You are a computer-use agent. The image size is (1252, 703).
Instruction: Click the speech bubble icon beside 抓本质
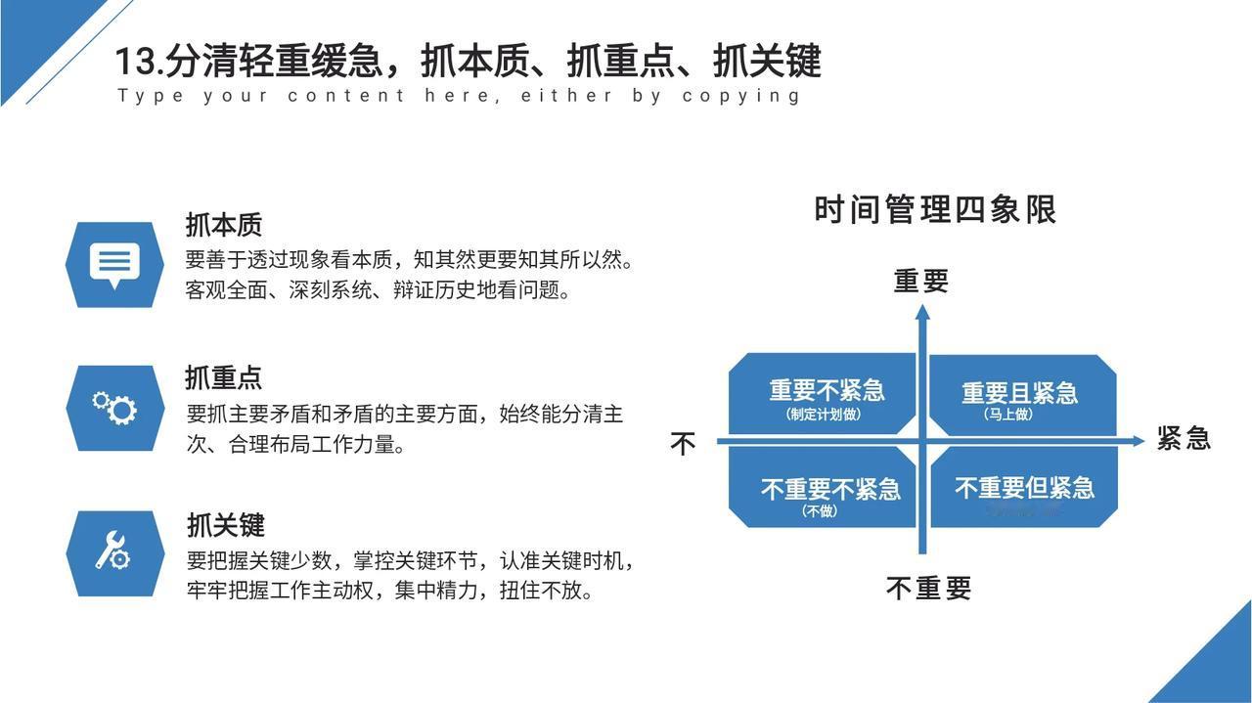pyautogui.click(x=114, y=264)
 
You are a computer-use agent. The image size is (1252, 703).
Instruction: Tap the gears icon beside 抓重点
pyautogui.click(x=114, y=407)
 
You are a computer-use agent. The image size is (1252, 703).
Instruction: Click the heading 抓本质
pyautogui.click(x=224, y=225)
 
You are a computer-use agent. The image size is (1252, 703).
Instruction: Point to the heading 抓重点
pyautogui.click(x=224, y=377)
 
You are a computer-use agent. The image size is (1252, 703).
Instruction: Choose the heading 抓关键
pyautogui.click(x=225, y=525)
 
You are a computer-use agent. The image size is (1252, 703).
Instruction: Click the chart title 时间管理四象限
pyautogui.click(x=935, y=210)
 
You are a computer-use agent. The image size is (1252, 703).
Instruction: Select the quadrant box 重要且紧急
pyautogui.click(x=1021, y=394)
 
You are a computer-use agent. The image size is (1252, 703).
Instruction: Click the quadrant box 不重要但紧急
pyautogui.click(x=1023, y=488)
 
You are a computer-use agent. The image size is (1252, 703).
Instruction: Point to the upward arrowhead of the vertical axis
pyautogui.click(x=921, y=312)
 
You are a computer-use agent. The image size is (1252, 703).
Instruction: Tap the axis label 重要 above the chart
pyautogui.click(x=921, y=282)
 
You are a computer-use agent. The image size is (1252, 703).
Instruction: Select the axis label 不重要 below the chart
pyautogui.click(x=928, y=589)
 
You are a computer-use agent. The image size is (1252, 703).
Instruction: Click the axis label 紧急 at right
pyautogui.click(x=1184, y=438)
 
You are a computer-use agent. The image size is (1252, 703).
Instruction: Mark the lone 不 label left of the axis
pyautogui.click(x=683, y=445)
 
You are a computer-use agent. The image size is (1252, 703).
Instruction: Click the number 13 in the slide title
pyautogui.click(x=136, y=62)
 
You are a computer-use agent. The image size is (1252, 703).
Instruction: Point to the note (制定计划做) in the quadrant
pyautogui.click(x=824, y=415)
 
